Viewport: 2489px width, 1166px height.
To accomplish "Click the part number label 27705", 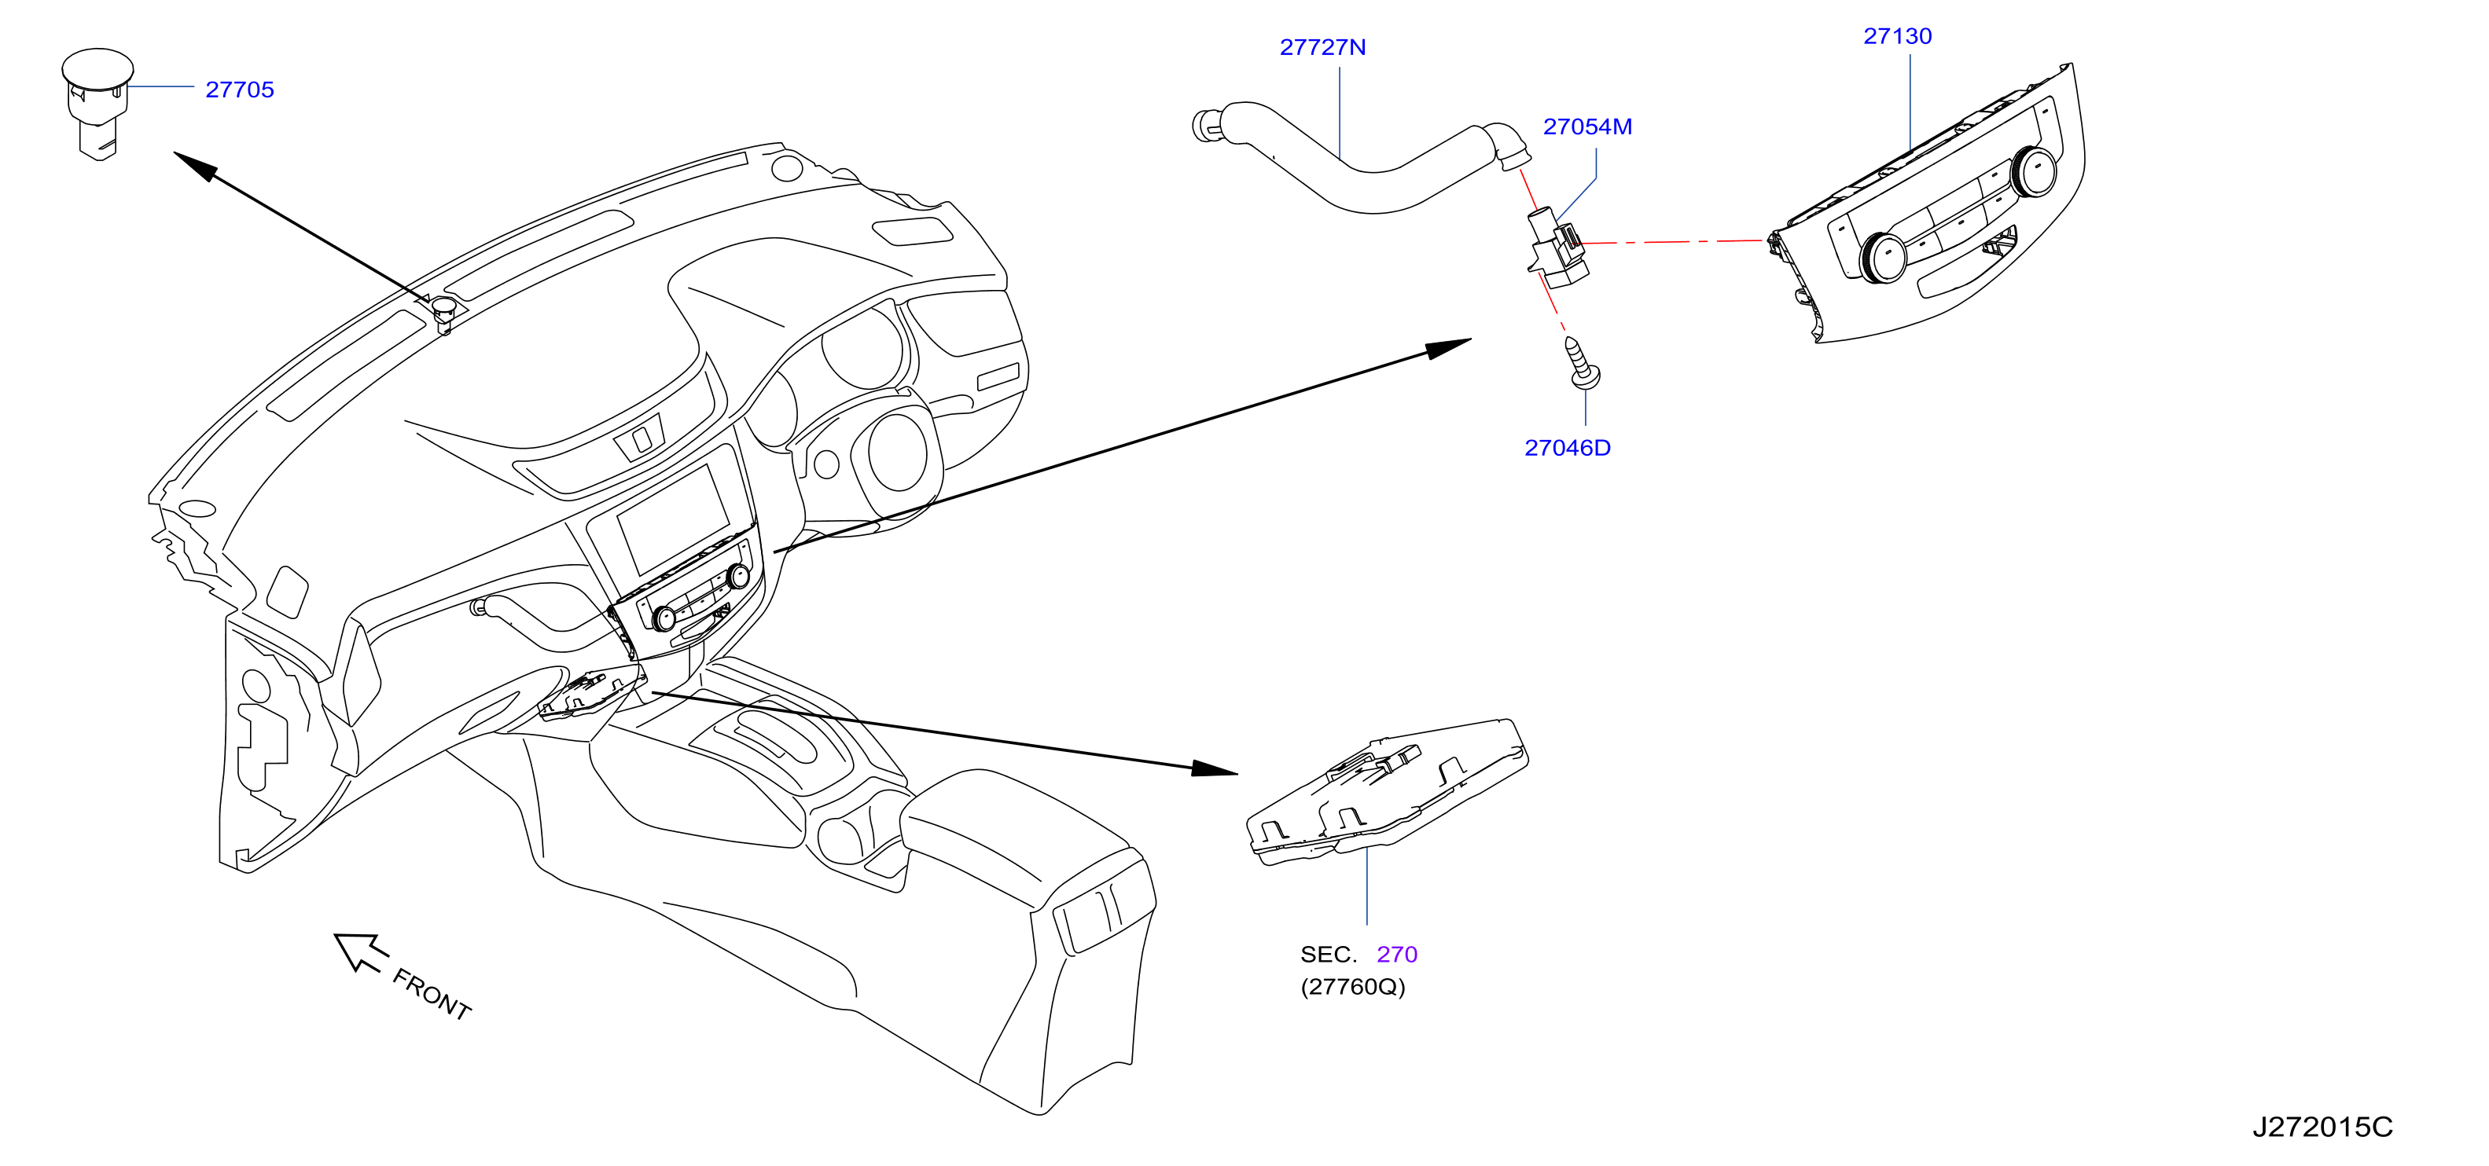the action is [x=240, y=90].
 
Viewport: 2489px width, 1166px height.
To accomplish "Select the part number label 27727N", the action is [x=1323, y=47].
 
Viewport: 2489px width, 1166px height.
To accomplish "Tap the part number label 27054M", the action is [x=1587, y=126].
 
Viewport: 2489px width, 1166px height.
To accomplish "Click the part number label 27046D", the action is [x=1567, y=447].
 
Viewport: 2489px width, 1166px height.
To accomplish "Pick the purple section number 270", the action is [x=1397, y=955].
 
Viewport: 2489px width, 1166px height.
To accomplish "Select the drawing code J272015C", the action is [x=2323, y=1127].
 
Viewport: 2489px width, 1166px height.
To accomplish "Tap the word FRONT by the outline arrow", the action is [x=432, y=994].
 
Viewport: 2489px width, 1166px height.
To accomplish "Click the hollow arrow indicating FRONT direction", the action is [x=358, y=951].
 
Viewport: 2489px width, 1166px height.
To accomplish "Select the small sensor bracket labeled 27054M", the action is [x=1557, y=249].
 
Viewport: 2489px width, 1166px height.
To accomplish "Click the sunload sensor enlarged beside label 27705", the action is [x=97, y=101].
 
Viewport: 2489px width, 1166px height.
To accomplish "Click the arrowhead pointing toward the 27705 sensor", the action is [x=195, y=166].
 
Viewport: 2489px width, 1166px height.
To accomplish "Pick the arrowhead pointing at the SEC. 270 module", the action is [x=1215, y=769].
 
